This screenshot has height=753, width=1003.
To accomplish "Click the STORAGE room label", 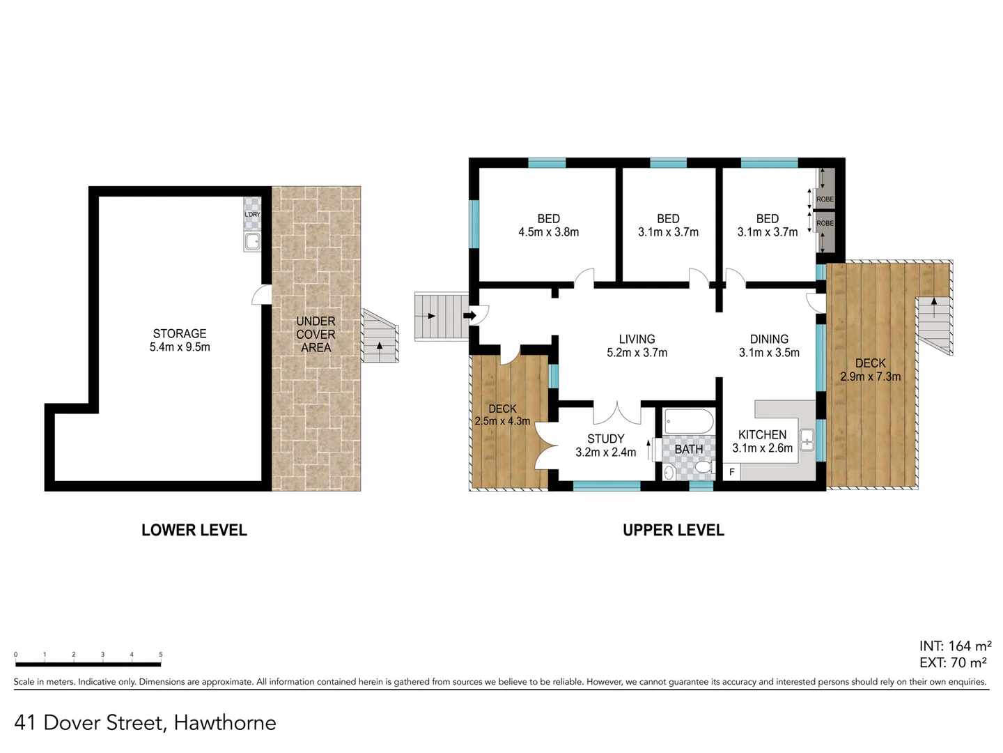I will (x=180, y=334).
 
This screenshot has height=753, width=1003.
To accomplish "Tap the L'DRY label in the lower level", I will (x=252, y=214).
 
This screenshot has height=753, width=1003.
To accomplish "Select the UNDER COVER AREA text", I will (x=316, y=335).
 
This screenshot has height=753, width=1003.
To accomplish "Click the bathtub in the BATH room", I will (x=688, y=422).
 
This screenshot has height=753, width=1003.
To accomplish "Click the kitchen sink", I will (x=807, y=440).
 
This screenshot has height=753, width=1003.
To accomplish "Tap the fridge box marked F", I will (x=731, y=472).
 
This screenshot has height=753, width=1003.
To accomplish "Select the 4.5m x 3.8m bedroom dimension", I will (x=548, y=232).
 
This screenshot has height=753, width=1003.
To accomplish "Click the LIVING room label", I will (x=637, y=340).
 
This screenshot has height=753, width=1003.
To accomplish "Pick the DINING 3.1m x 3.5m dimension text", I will (x=769, y=353).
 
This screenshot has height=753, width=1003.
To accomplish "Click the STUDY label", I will (x=605, y=439).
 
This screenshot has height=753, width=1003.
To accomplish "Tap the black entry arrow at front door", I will (x=470, y=316).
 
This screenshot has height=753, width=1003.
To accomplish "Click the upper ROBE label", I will (x=825, y=199).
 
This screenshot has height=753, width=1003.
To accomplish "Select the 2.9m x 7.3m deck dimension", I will (x=870, y=376).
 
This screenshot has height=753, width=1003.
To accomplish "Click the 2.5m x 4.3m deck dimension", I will (x=502, y=421).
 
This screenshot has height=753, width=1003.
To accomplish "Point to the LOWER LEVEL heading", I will (x=194, y=530).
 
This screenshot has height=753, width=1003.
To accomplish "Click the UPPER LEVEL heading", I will (x=673, y=530).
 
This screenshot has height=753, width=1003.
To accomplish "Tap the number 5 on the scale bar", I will (x=160, y=655).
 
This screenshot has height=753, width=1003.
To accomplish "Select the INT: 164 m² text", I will (x=955, y=646).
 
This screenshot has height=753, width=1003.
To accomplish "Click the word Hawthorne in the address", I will (x=225, y=723).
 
